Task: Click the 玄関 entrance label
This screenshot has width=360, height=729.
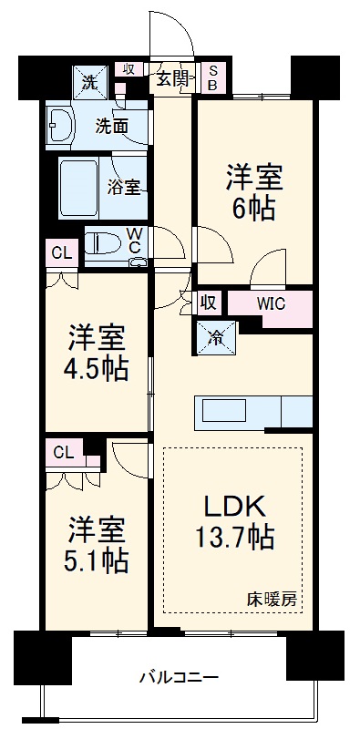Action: pyautogui.click(x=172, y=79)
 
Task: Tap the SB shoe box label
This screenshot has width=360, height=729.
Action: pyautogui.click(x=211, y=79)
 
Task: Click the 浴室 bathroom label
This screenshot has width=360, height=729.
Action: pyautogui.click(x=124, y=187)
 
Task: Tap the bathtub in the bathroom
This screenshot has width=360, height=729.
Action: pyautogui.click(x=81, y=188)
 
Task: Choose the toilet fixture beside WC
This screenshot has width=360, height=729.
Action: pyautogui.click(x=105, y=245)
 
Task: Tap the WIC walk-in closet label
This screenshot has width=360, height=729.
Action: pyautogui.click(x=272, y=303)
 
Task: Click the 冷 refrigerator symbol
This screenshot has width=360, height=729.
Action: pyautogui.click(x=216, y=337)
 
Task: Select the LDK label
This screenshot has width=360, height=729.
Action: pyautogui.click(x=234, y=506)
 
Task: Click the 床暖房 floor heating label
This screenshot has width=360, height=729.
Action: pyautogui.click(x=271, y=600)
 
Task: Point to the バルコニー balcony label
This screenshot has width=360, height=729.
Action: pyautogui.click(x=179, y=678)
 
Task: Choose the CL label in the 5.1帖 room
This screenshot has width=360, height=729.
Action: pyautogui.click(x=63, y=450)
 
